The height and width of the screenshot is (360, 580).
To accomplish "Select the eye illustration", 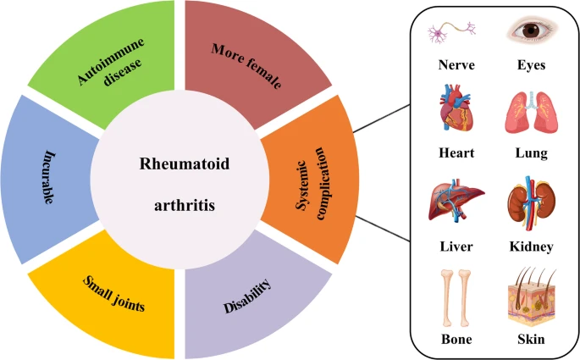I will click(532, 32).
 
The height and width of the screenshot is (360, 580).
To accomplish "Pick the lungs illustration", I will click(531, 110).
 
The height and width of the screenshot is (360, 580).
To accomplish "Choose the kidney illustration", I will click(531, 203).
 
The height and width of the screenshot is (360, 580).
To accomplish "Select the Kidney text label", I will click(531, 246).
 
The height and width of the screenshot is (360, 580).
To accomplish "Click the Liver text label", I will click(456, 246).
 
